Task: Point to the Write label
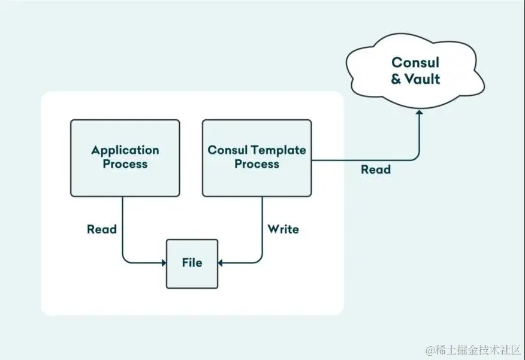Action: tap(283, 229)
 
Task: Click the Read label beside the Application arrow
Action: tap(101, 229)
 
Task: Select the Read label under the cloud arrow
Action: tap(376, 170)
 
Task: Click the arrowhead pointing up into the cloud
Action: tap(419, 114)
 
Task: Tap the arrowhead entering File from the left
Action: tap(163, 262)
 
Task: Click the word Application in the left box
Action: tap(125, 150)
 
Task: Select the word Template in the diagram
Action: tap(278, 150)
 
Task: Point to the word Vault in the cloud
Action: tap(423, 78)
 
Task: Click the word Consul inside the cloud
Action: tap(415, 62)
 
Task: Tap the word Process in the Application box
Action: tap(125, 164)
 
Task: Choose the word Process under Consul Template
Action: tap(257, 164)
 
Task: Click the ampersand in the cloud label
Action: tap(396, 79)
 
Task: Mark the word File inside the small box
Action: tap(192, 262)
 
